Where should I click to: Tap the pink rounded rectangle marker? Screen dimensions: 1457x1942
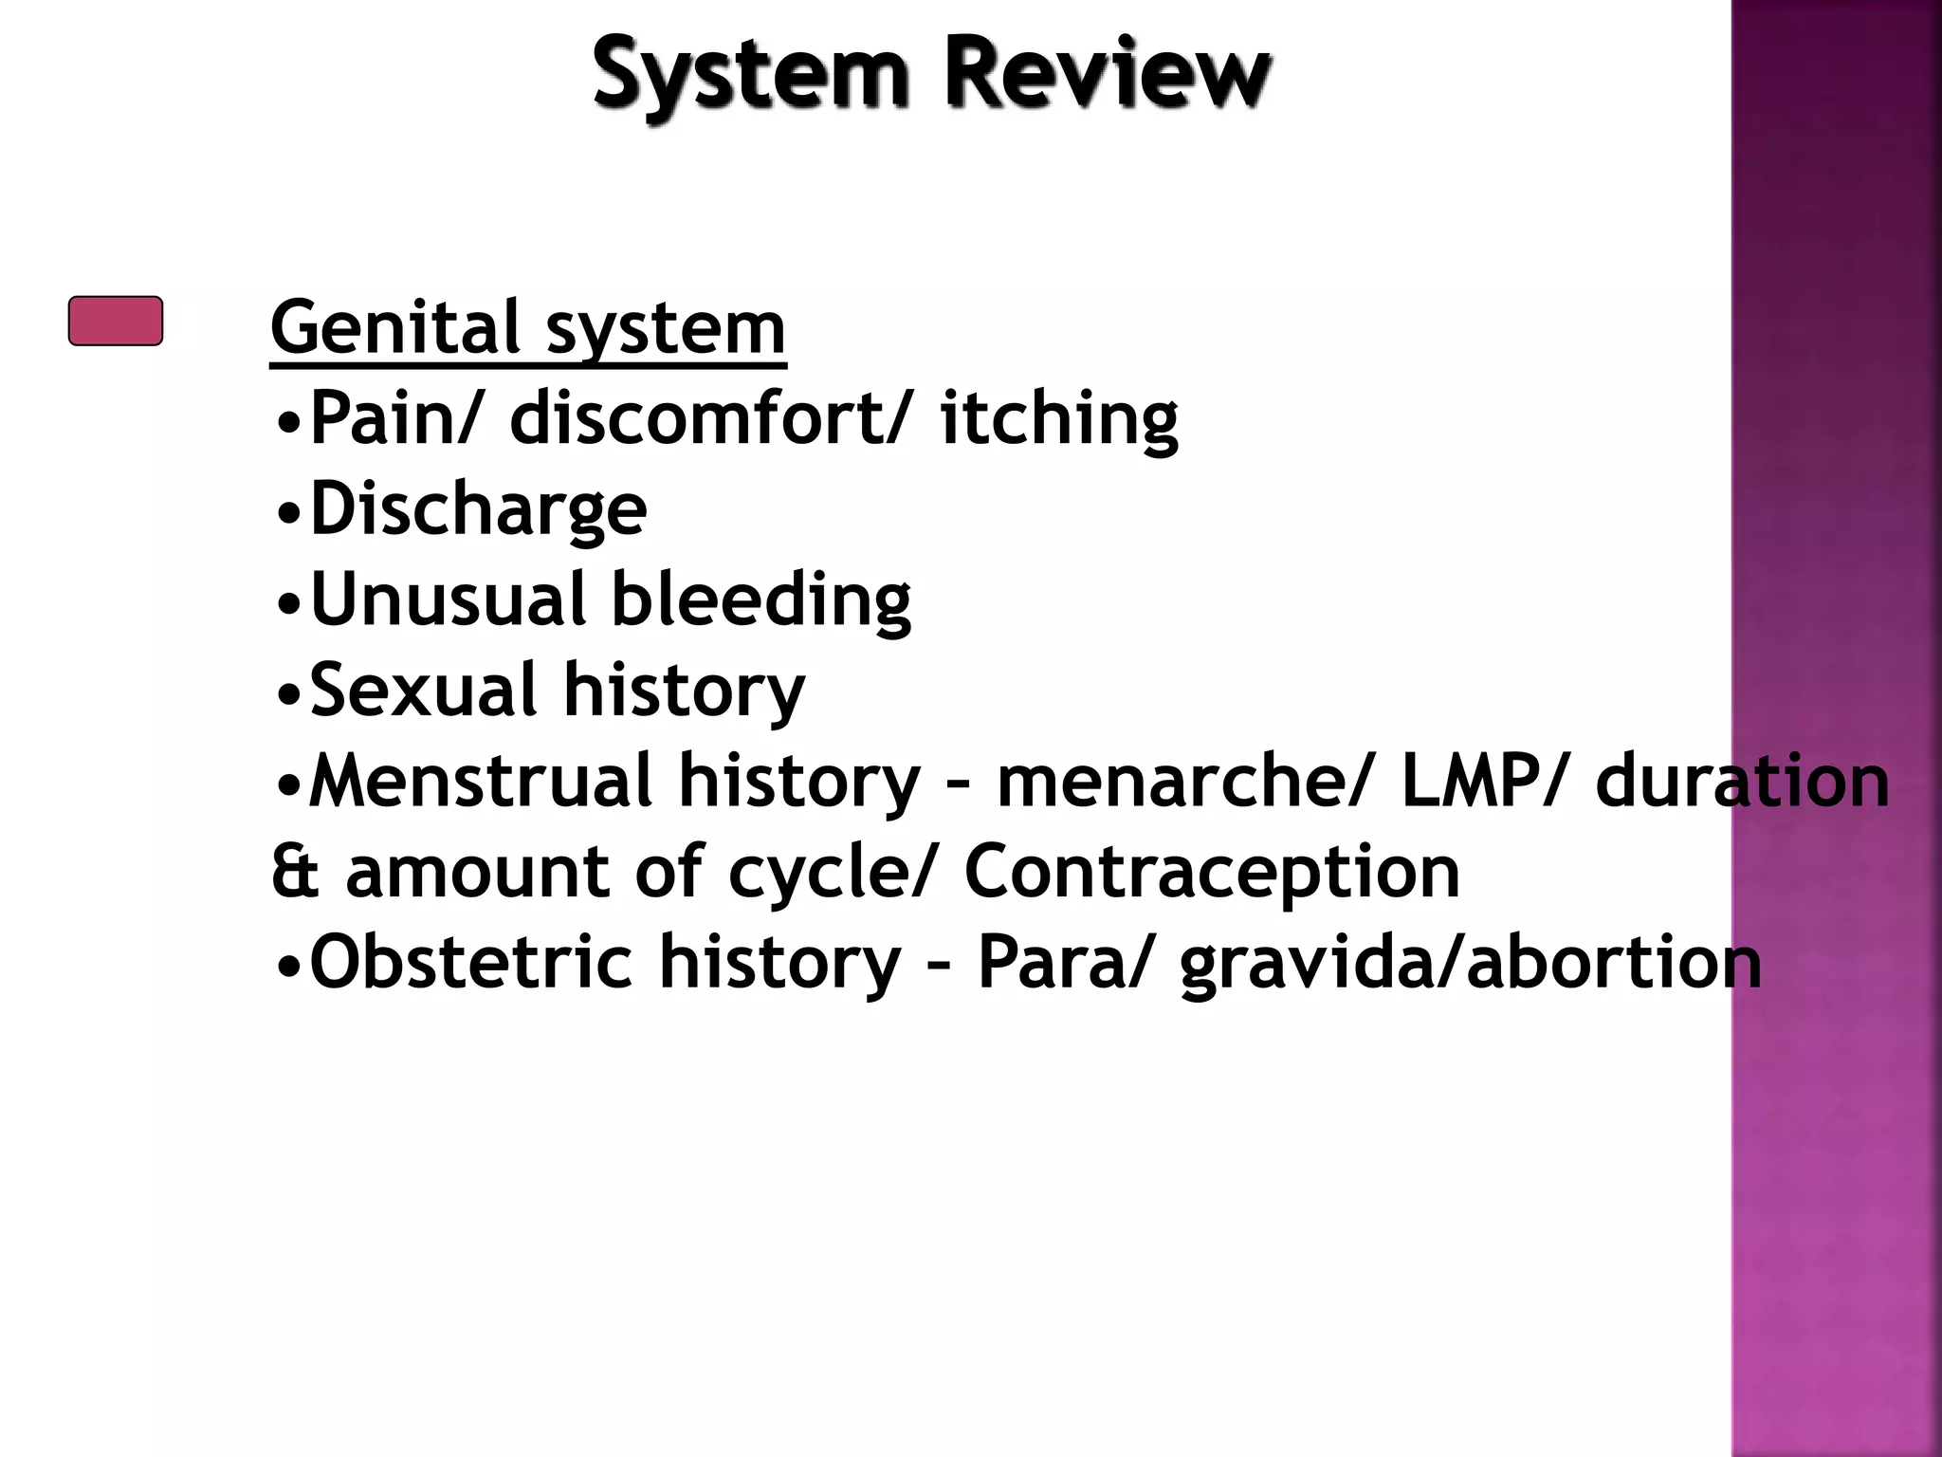point(116,321)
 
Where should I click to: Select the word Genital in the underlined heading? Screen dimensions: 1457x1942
point(395,327)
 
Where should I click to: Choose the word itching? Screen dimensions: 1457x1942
point(1059,419)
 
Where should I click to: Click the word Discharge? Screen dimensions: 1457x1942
point(478,509)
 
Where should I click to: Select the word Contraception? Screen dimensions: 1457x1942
point(1212,872)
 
